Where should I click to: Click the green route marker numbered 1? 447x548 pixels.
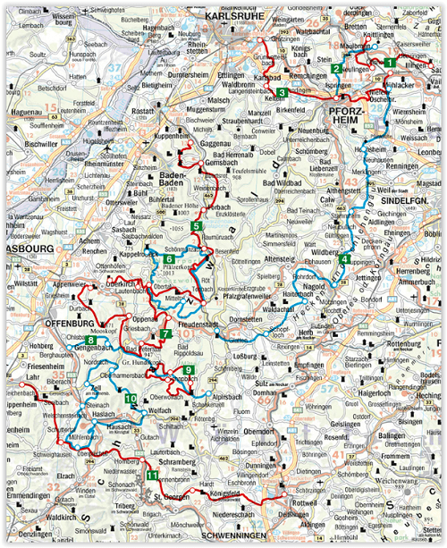click(x=390, y=61)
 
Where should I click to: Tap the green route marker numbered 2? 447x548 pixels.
click(x=336, y=69)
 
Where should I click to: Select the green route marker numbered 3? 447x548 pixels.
click(x=282, y=92)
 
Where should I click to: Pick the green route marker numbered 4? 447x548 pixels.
click(x=344, y=260)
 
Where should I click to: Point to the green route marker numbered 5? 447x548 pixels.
click(x=196, y=227)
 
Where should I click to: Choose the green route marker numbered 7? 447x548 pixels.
click(x=167, y=334)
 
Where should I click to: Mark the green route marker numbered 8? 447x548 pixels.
click(x=91, y=340)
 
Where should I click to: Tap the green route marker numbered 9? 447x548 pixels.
click(x=187, y=370)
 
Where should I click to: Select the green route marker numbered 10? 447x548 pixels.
click(x=131, y=399)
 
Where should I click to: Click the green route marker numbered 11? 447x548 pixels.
click(x=153, y=475)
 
